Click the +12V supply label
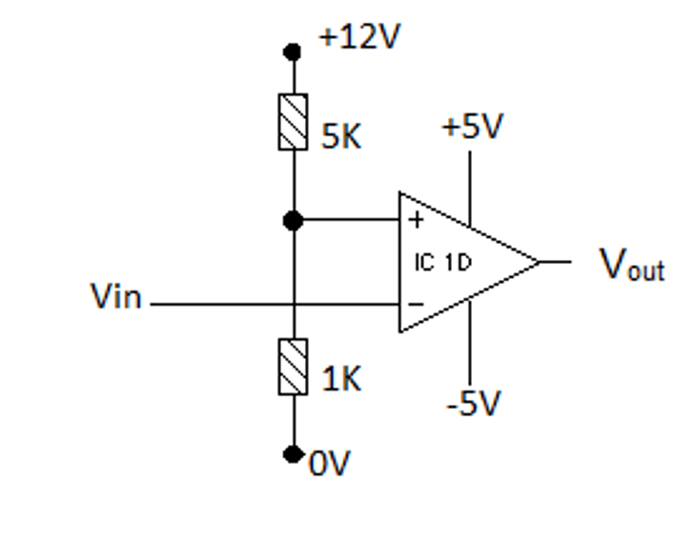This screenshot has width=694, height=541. (x=359, y=37)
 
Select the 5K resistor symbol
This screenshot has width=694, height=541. (x=294, y=122)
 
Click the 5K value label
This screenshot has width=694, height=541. (x=341, y=137)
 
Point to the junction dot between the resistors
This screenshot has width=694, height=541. (x=294, y=221)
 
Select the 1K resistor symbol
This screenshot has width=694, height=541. (x=294, y=366)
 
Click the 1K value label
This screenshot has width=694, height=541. (x=341, y=380)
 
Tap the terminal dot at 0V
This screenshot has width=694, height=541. (x=294, y=454)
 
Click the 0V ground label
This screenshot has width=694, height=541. (x=330, y=464)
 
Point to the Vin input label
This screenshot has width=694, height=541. (x=115, y=297)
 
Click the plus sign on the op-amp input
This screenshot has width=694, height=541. (x=416, y=221)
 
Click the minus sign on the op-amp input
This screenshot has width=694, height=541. (x=416, y=305)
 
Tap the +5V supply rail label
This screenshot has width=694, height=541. (x=472, y=128)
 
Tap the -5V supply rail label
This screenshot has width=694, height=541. (x=473, y=404)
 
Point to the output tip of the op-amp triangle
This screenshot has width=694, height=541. (x=540, y=261)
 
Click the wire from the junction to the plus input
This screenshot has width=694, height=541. (x=347, y=221)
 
